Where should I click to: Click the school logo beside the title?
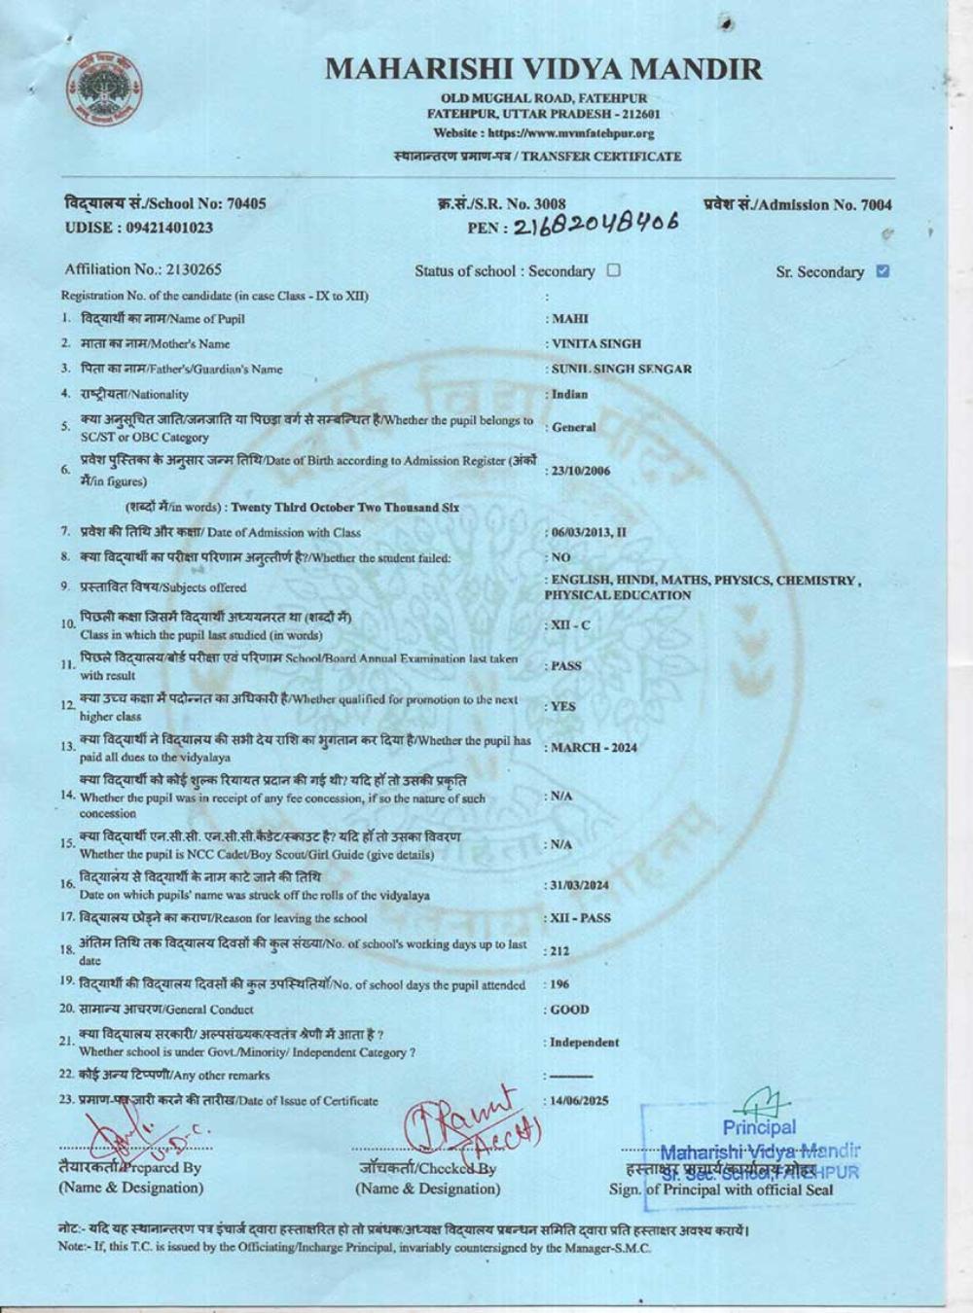point(101,88)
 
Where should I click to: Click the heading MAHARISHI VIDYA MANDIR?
point(543,69)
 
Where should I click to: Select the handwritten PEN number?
point(595,225)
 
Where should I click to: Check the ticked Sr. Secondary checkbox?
point(883,271)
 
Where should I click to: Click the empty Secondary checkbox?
point(613,270)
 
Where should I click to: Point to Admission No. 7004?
point(797,204)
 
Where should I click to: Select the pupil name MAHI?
point(570,319)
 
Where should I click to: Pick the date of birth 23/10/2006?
point(581,471)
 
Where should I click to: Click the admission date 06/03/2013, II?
point(589,533)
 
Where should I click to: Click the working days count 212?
point(559,951)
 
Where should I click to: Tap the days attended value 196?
point(559,984)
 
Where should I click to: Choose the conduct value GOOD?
point(570,1010)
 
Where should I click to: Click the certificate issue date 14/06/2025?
point(579,1101)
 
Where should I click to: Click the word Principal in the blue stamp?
point(759,1128)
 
